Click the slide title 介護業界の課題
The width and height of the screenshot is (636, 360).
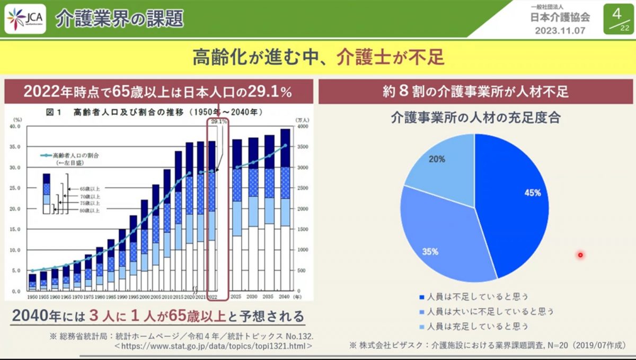119,19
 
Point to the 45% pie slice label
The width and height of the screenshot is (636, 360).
532,193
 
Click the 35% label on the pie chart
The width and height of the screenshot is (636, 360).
430,252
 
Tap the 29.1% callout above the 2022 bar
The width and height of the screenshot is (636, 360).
219,121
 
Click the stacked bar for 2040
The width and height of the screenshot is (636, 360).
285,209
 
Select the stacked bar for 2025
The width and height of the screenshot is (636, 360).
237,215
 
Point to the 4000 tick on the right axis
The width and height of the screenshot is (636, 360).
302,127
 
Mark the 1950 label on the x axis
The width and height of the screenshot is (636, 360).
32,297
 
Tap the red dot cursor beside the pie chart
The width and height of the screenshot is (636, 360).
580,256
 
